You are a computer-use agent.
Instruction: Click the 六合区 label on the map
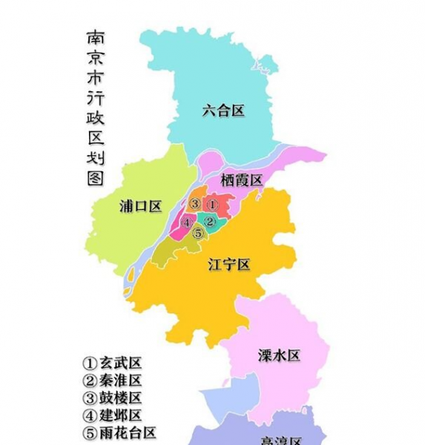click(223, 111)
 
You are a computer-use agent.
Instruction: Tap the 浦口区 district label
click(140, 207)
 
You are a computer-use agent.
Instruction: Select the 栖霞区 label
click(242, 180)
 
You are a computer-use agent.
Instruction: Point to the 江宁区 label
click(229, 264)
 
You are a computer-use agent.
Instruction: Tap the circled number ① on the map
click(211, 204)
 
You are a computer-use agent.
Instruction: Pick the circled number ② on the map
click(210, 221)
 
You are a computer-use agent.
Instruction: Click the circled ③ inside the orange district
click(194, 204)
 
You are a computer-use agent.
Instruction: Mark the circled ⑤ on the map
click(197, 233)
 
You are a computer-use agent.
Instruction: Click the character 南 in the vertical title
click(96, 39)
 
